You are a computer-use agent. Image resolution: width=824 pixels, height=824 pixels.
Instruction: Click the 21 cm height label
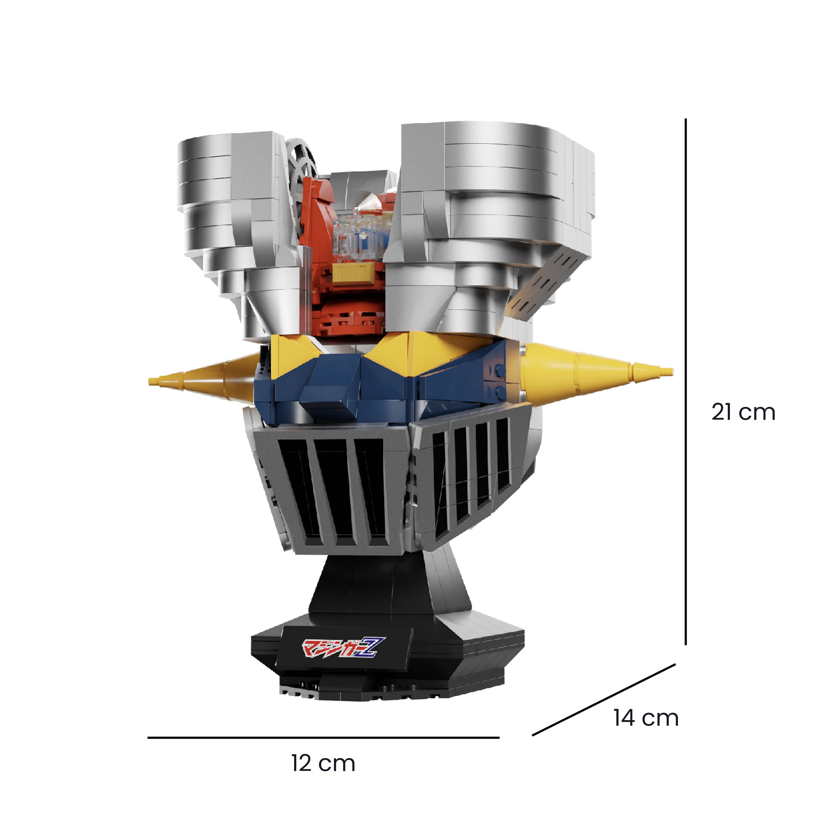click(743, 412)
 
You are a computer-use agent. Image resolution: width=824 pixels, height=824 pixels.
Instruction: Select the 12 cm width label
click(323, 763)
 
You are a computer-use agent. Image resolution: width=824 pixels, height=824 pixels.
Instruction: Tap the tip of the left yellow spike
click(152, 380)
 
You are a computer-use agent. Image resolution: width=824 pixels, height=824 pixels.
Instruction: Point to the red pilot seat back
click(316, 213)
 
